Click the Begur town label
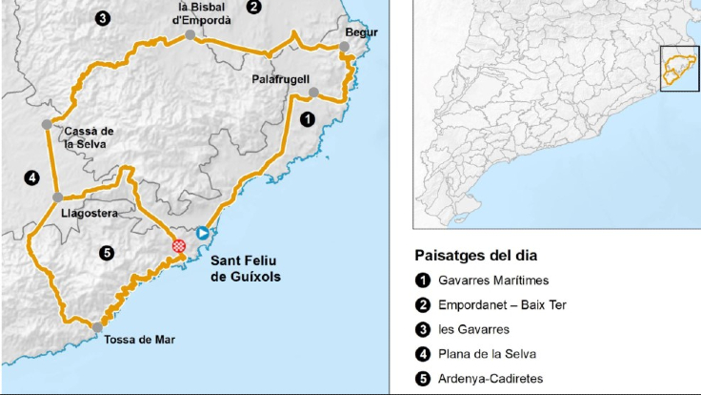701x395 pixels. click(361, 32)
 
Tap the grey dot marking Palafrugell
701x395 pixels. click(313, 94)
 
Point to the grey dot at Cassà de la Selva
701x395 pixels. click(47, 124)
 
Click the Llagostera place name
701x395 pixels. click(89, 214)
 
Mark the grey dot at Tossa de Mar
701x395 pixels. click(98, 327)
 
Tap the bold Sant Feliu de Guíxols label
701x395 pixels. click(246, 268)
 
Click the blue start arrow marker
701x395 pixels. click(202, 233)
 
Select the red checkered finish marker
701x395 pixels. click(178, 245)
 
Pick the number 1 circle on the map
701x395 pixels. click(307, 119)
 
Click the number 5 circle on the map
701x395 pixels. click(107, 253)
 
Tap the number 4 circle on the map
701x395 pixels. click(31, 177)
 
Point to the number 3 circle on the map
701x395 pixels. click(102, 17)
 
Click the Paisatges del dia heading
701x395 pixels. click(475, 256)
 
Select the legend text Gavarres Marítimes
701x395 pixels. click(492, 281)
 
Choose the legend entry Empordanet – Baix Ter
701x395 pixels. click(502, 305)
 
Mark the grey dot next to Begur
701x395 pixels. click(345, 46)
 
